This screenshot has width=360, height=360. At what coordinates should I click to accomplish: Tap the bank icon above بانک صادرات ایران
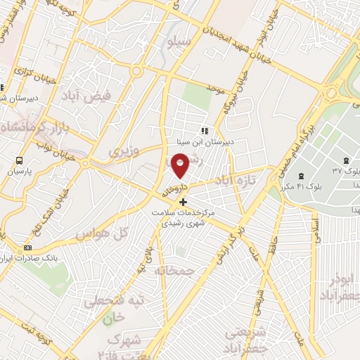(28, 247)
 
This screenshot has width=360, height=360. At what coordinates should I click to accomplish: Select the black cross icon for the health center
(184, 202)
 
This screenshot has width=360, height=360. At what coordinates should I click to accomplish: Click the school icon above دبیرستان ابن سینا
(205, 130)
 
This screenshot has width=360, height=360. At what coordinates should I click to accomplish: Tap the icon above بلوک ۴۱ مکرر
(301, 176)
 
